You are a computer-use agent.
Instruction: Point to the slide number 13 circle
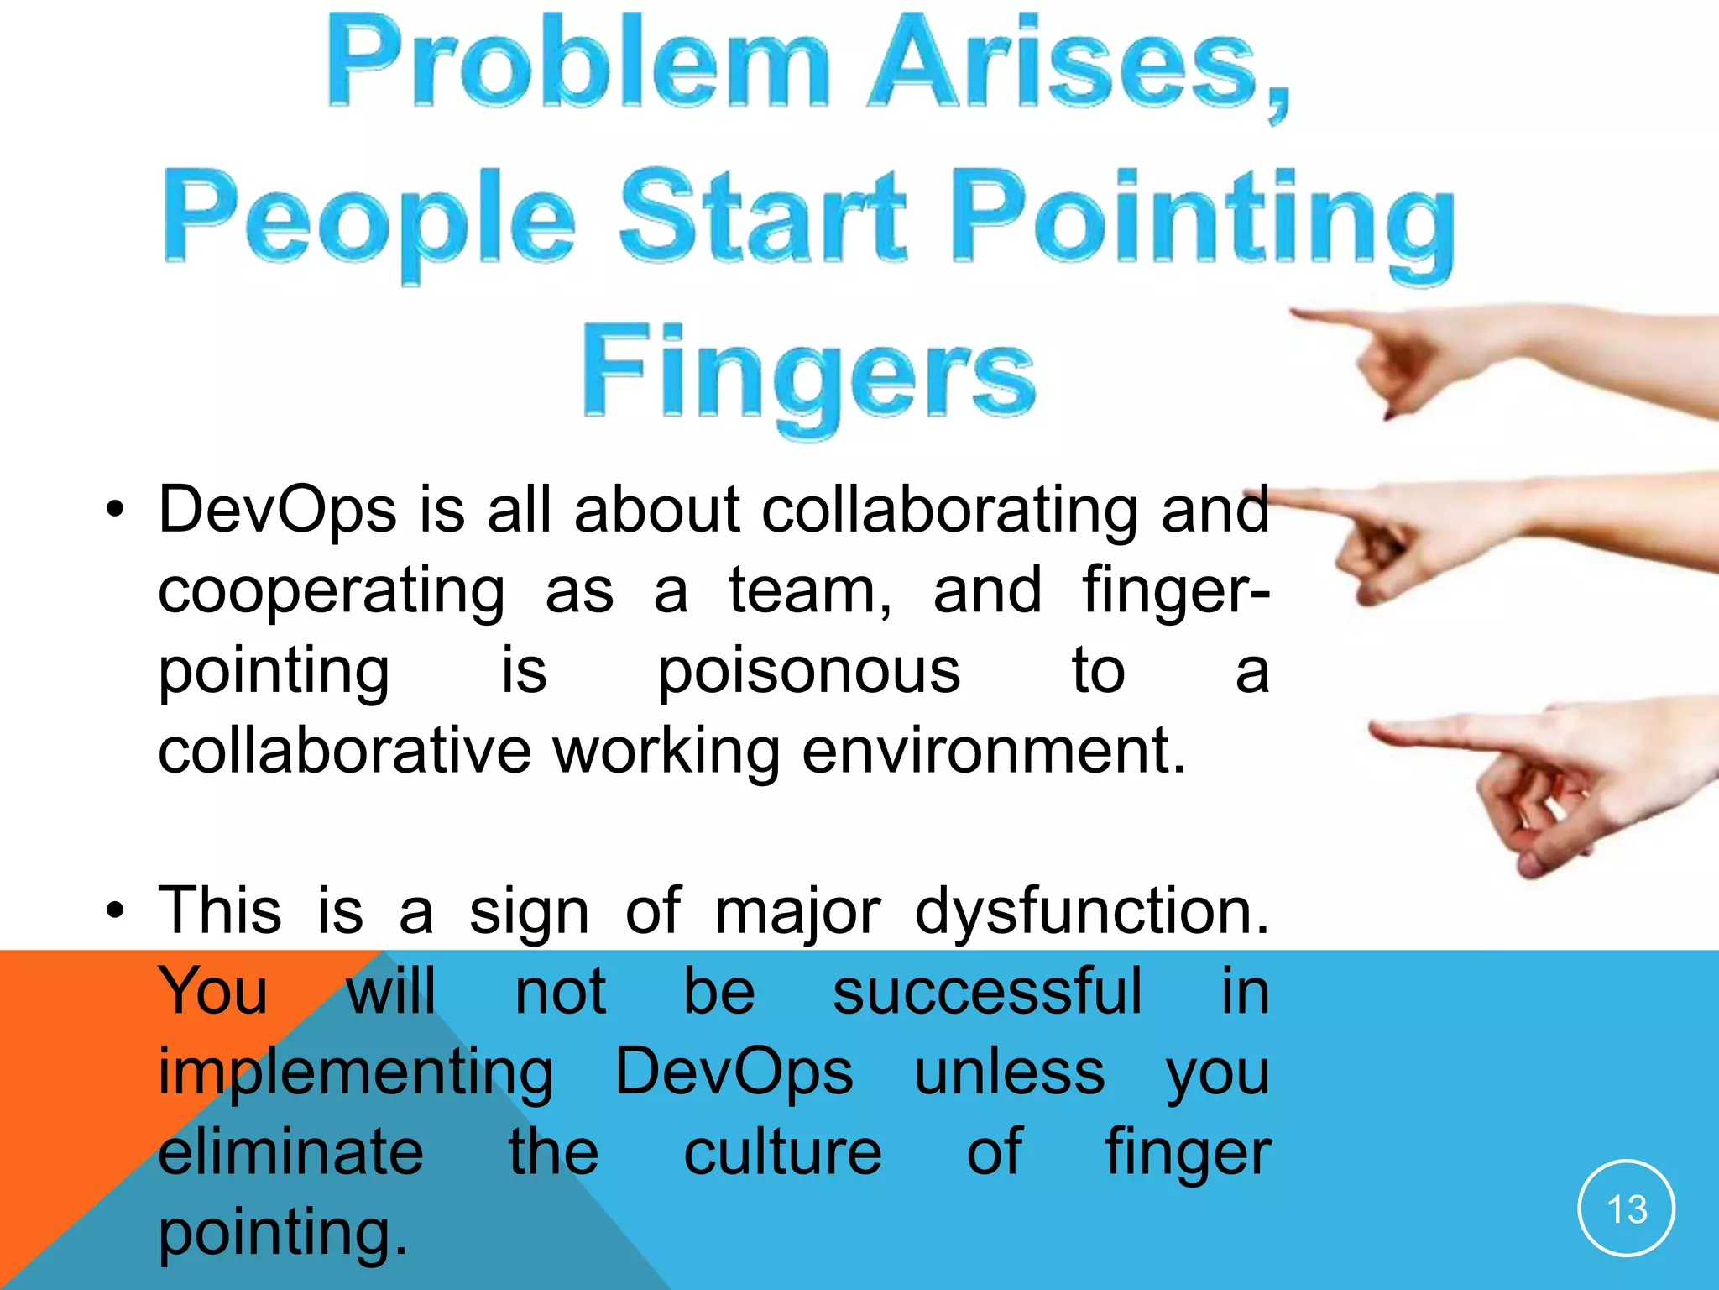[1626, 1209]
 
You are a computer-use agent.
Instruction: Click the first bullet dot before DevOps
[115, 510]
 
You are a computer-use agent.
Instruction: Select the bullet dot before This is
[115, 910]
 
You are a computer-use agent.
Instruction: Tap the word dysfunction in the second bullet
[1091, 911]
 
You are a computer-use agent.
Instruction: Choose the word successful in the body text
[987, 992]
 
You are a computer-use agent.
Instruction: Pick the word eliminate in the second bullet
[291, 1151]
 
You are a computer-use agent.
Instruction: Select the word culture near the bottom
[782, 1151]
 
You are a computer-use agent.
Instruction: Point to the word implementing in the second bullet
[356, 1072]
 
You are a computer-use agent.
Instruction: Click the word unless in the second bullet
[1010, 1072]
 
